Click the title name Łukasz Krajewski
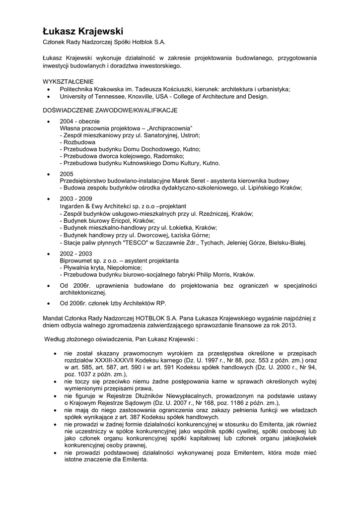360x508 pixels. click(x=82, y=31)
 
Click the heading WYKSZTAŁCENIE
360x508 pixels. click(x=68, y=81)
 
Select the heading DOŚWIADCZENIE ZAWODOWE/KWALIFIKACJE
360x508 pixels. click(x=110, y=110)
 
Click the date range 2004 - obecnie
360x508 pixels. click(x=79, y=121)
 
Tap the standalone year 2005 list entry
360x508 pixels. click(x=67, y=174)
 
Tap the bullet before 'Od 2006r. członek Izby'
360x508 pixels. click(x=48, y=304)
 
